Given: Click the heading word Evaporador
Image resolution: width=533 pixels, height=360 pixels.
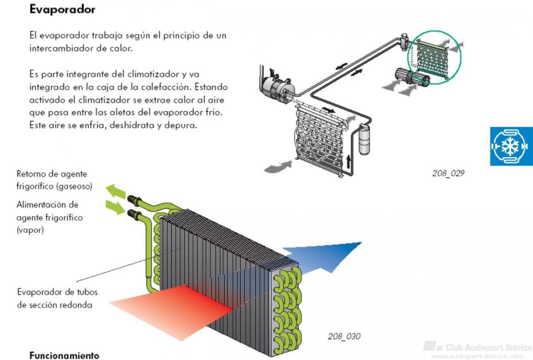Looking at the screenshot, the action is [62, 10].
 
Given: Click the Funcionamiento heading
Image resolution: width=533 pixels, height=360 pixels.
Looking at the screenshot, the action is [64, 355].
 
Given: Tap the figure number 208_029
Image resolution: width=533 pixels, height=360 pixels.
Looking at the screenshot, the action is [448, 173].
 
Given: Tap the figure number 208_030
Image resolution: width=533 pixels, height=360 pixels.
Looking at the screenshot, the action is [344, 336].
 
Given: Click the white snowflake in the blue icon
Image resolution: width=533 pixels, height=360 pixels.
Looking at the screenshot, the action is [510, 146].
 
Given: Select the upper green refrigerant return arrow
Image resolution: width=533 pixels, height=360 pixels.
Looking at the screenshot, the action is [115, 191].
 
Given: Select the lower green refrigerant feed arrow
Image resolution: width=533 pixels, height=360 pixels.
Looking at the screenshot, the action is [115, 208].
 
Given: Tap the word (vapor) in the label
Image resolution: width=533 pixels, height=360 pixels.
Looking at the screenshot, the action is [30, 230].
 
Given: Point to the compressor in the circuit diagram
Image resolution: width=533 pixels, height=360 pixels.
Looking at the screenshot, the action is [278, 87].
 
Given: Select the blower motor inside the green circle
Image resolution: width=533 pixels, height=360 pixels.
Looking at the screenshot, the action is [412, 76].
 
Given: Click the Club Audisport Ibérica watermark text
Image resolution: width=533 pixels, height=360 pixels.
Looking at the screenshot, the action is [488, 348].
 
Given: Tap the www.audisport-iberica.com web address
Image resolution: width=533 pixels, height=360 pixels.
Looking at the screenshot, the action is [477, 356].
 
